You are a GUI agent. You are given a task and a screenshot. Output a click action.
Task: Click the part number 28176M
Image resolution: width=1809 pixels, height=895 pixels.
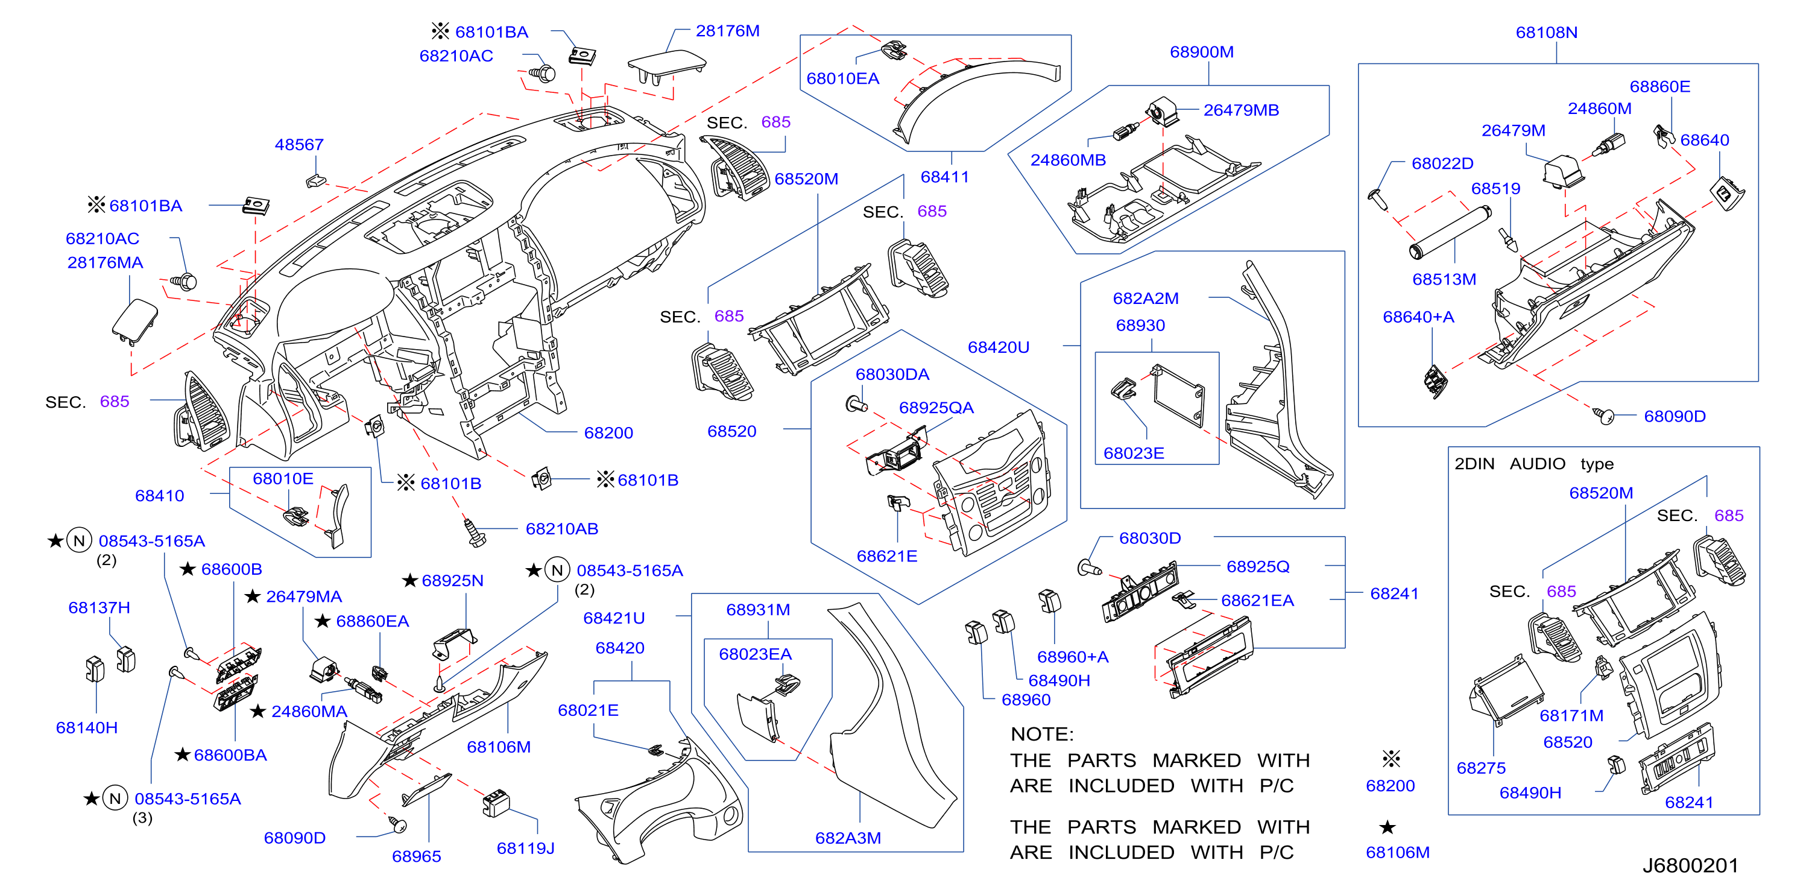[728, 31]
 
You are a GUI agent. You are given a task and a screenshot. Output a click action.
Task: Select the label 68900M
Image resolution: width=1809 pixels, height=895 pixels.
[1202, 52]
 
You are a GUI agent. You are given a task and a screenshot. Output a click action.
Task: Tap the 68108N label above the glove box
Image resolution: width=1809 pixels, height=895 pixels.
[1546, 33]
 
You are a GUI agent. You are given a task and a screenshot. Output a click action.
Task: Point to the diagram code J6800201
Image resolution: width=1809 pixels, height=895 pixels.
[1690, 865]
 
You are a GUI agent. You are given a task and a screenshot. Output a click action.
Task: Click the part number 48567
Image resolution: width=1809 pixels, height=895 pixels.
[299, 145]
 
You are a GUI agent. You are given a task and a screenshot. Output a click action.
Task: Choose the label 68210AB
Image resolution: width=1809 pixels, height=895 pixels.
[562, 529]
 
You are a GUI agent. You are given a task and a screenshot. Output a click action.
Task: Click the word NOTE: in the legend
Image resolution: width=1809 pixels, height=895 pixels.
[1042, 734]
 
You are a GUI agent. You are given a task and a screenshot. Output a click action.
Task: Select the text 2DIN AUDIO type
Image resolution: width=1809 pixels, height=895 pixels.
[1533, 464]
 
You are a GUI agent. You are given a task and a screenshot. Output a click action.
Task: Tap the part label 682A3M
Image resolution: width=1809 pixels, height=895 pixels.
[848, 838]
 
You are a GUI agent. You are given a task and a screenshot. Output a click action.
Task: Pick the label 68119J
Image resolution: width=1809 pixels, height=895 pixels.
[525, 849]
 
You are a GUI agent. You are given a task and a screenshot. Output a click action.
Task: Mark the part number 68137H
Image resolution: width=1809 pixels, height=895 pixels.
[99, 608]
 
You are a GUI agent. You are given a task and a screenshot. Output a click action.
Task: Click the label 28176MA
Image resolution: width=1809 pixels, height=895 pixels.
[106, 263]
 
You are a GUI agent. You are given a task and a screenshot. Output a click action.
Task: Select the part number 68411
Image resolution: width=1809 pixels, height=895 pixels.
[944, 177]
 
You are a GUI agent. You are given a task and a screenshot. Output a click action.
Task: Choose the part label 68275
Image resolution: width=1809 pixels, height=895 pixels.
[1481, 768]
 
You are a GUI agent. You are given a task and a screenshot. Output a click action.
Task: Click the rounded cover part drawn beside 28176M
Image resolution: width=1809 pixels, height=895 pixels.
[666, 68]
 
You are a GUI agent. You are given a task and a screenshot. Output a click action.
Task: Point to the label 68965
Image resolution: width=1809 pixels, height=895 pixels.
[417, 857]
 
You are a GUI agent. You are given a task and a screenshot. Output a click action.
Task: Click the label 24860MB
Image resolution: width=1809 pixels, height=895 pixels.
[1067, 160]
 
